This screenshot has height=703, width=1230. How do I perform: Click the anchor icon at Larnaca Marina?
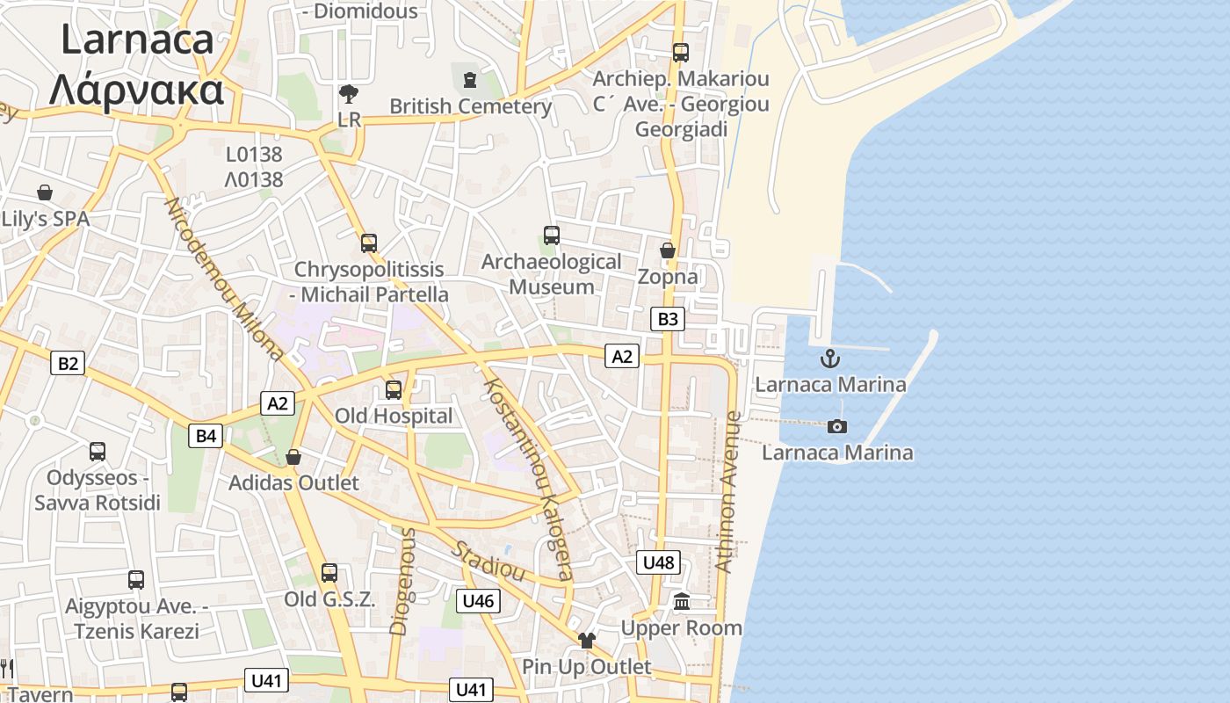click(829, 359)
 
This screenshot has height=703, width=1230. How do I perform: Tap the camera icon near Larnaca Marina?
click(837, 426)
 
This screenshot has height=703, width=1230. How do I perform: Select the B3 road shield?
click(668, 319)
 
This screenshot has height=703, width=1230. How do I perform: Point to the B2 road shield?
click(68, 363)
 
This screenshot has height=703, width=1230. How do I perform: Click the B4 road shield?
click(206, 435)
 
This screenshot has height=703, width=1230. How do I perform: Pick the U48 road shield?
click(658, 562)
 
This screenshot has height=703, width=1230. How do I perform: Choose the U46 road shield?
click(478, 601)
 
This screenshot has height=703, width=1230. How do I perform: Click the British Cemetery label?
click(471, 106)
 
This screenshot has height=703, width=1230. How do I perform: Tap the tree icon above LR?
click(349, 93)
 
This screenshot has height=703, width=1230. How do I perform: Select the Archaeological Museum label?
click(551, 274)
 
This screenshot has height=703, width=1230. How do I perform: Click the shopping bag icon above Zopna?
click(668, 250)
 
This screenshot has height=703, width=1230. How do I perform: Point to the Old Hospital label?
click(394, 416)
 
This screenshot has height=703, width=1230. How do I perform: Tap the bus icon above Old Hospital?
click(394, 389)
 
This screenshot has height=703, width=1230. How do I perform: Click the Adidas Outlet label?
click(293, 482)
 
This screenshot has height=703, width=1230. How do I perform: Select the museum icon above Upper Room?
click(682, 602)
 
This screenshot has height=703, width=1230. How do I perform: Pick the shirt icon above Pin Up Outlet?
click(586, 641)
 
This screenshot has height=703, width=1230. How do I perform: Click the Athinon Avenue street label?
click(729, 492)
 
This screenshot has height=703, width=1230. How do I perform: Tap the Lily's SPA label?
click(46, 219)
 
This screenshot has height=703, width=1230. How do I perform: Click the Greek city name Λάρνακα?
click(136, 90)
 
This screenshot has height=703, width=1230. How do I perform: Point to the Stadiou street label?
click(488, 562)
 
